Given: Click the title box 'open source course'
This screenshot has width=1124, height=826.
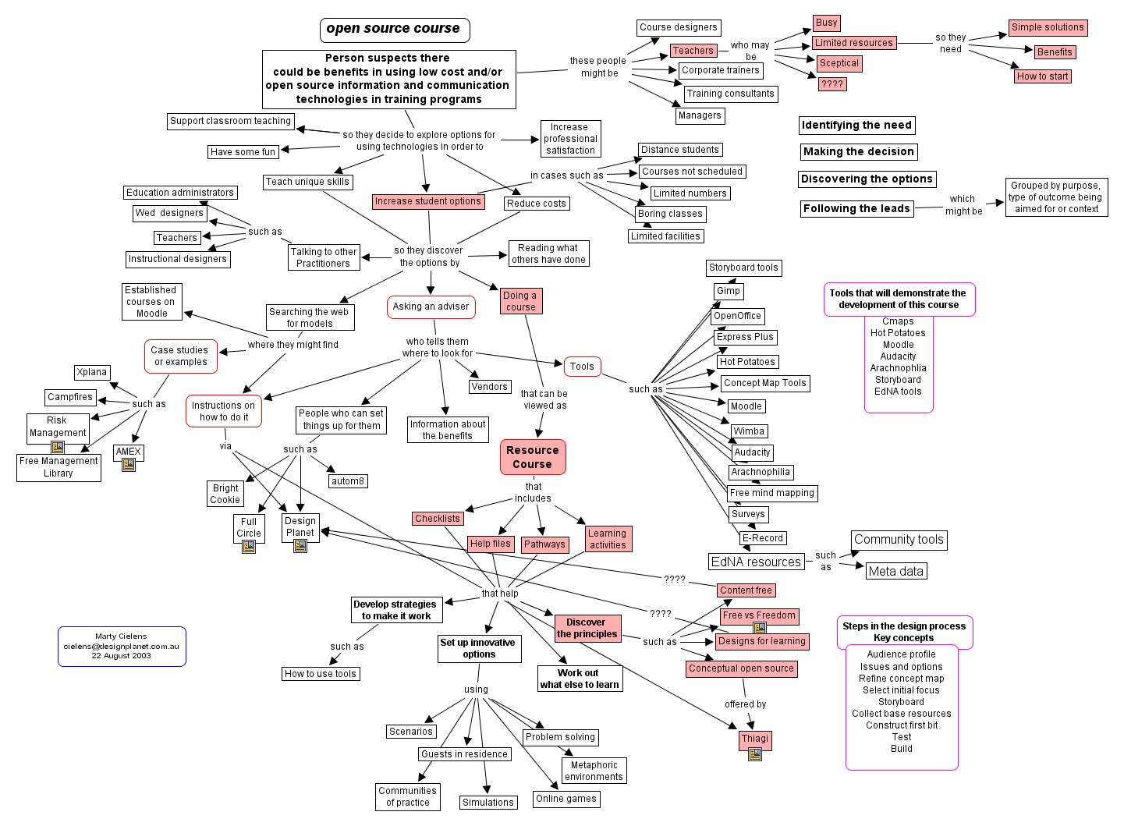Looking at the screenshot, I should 394,30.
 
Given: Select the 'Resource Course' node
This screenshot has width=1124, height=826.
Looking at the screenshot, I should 533,457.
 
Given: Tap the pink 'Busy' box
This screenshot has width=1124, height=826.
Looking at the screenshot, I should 826,23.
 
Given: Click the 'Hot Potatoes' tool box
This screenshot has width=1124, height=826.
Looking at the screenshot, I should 747,362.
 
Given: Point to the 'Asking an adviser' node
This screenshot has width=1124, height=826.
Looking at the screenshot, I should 431,307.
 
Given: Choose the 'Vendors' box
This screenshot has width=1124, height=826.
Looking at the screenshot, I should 490,387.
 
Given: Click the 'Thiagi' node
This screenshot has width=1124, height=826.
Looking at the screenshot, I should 755,739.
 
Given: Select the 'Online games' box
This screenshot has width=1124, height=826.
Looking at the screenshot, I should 566,799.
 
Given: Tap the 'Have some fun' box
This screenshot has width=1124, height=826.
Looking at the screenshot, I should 243,152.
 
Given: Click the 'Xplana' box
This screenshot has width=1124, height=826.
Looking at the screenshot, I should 92,373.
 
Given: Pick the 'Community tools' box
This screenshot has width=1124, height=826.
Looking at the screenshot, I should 899,540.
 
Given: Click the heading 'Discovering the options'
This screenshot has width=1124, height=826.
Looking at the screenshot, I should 867,179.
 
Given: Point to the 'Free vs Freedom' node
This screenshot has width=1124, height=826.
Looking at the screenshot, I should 759,615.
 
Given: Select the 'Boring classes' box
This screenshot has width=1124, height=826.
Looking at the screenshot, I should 670,214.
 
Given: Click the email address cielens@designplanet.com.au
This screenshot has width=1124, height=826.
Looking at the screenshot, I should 121,647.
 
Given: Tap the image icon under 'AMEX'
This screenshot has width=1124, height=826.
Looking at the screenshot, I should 129,465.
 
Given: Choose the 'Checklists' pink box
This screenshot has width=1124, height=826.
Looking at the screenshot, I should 438,519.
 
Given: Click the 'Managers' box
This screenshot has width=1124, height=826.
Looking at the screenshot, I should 700,115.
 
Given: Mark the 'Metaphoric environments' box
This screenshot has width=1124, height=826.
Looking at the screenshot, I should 594,771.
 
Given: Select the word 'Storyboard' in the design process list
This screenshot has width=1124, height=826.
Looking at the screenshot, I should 902,702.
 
